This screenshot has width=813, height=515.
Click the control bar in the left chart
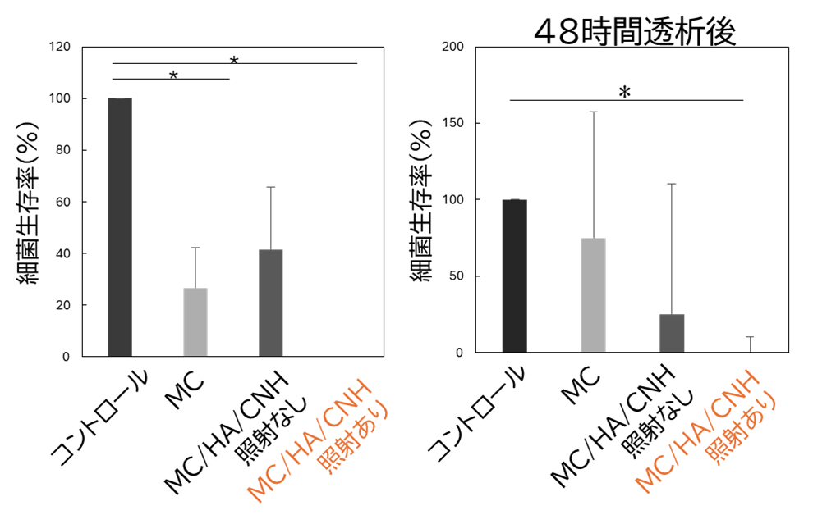click(120, 227)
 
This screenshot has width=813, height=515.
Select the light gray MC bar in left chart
click(195, 322)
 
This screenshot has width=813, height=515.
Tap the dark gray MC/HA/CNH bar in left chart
click(271, 303)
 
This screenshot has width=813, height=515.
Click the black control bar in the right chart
click(514, 276)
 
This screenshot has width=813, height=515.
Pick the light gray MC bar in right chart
click(593, 295)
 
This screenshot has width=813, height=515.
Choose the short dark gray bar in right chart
click(672, 333)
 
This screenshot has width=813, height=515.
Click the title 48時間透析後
click(635, 32)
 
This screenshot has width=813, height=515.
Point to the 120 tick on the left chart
click(60, 47)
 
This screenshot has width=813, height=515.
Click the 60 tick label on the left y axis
click(62, 202)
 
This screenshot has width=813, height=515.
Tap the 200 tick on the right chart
click(452, 47)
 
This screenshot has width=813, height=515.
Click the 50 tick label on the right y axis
click(457, 276)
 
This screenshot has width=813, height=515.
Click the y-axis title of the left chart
click(29, 203)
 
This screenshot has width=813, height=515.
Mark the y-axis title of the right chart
click(421, 200)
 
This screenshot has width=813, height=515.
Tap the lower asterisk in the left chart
click(174, 76)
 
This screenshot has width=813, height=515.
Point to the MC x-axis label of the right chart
click(581, 385)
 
